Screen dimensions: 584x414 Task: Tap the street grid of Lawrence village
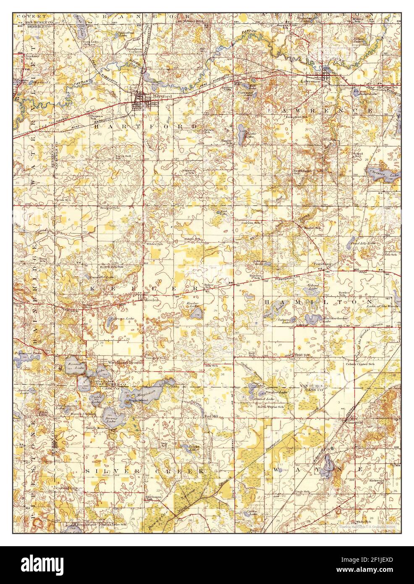[x=326, y=76]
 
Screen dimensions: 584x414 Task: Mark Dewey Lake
[x=110, y=416]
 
